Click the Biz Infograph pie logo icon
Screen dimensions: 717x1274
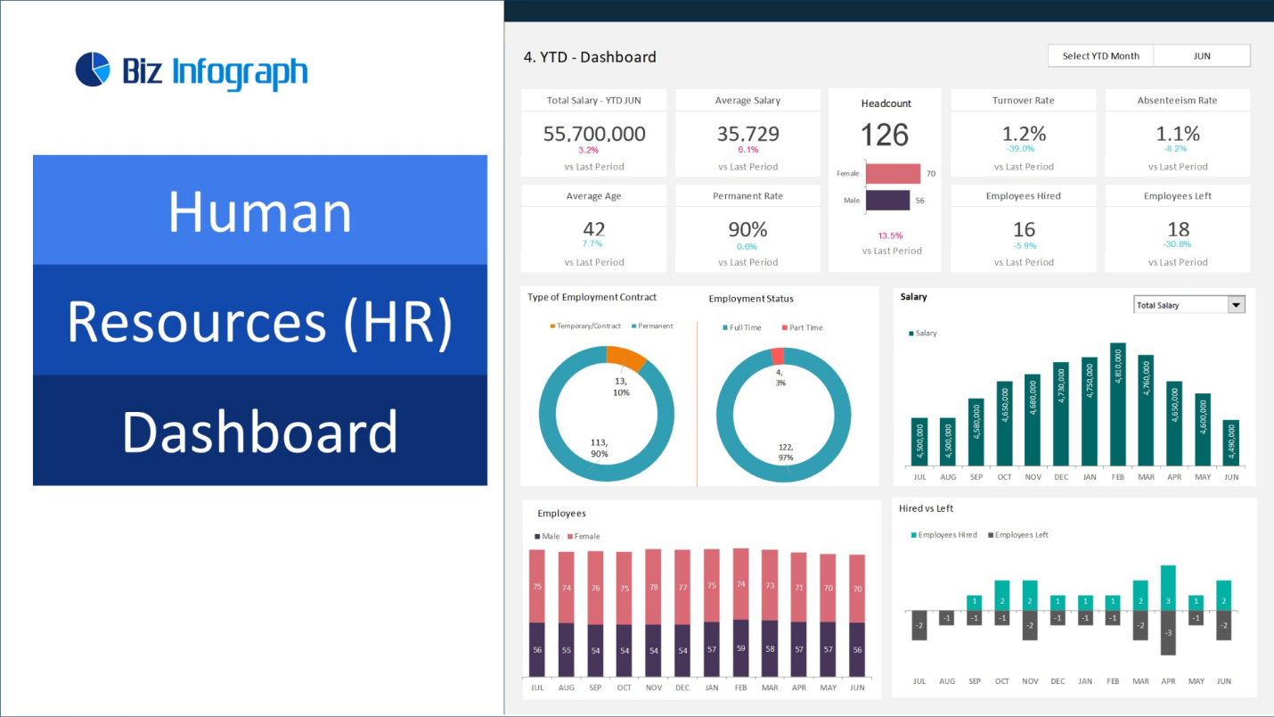(92, 70)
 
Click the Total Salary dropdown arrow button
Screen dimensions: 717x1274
(1236, 305)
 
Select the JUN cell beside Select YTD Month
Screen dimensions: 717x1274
(1201, 56)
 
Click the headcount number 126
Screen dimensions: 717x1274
(885, 136)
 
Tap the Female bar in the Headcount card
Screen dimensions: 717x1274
(893, 173)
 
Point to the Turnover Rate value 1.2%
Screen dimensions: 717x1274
(1024, 134)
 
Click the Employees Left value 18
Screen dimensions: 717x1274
(1178, 229)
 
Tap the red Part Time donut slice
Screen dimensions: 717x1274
(777, 355)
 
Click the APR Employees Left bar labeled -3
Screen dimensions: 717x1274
(1168, 633)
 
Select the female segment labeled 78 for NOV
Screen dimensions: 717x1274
(654, 586)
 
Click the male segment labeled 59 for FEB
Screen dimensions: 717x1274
(741, 648)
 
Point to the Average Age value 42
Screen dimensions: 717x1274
(593, 229)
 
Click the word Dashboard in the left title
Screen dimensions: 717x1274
(259, 432)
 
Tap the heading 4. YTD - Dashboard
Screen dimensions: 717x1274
(590, 57)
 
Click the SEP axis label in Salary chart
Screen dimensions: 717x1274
(976, 477)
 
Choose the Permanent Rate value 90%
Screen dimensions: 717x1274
(747, 229)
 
